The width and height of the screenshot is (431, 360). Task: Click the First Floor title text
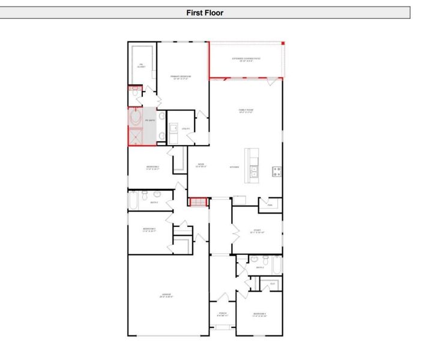pos(205,12)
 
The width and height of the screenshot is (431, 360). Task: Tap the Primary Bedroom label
pos(180,77)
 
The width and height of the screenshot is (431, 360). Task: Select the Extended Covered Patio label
pos(246,59)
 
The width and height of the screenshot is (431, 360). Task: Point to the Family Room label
pos(246,111)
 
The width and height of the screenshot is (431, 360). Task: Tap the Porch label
pos(222,314)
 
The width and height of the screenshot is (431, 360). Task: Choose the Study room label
pos(256,231)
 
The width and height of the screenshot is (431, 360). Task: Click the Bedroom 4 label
pos(259,315)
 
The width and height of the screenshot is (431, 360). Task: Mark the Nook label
pos(201,166)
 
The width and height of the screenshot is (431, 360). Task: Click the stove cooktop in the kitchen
pos(277,171)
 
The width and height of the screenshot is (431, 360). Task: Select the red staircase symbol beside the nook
pos(197,202)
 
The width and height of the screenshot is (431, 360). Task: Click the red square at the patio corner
pos(283,43)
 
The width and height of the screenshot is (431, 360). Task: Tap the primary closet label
pos(141,66)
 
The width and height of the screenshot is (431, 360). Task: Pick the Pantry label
pos(270,205)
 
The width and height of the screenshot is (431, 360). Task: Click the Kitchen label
pos(234,167)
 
